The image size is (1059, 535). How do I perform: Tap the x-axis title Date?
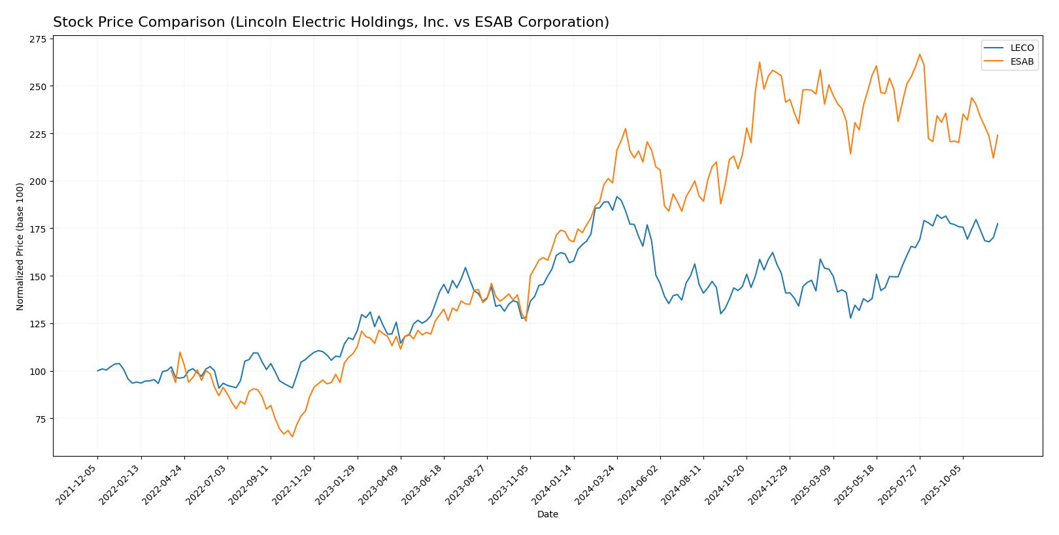[547, 515]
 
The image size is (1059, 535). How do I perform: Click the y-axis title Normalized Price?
[20, 246]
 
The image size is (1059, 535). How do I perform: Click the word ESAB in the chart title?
[486, 23]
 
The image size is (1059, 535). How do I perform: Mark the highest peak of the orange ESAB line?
[920, 54]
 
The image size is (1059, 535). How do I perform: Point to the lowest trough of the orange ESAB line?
[292, 437]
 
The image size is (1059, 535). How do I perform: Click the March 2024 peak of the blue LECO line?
[616, 197]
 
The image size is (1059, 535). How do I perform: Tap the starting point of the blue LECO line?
[97, 371]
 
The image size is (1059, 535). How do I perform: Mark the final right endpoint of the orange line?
[998, 135]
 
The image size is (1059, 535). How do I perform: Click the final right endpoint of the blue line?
[998, 223]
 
